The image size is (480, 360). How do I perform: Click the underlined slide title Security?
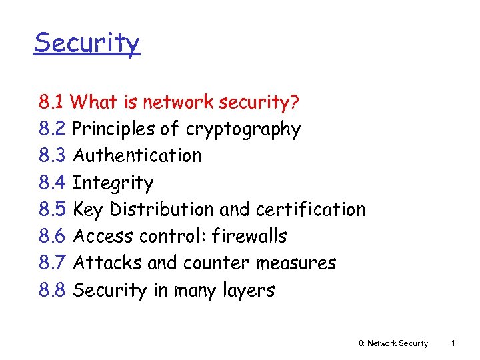coord(87,43)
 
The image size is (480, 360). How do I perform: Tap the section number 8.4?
coord(52,183)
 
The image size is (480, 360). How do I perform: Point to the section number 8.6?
coord(52,236)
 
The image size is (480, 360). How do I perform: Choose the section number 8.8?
coord(52,290)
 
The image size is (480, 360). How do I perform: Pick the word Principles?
coord(114,129)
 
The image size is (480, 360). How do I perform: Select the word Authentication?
coord(137,155)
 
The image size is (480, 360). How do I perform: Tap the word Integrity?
coord(113,183)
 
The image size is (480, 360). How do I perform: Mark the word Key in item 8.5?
coord(88,209)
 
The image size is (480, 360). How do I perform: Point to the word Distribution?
coord(162,209)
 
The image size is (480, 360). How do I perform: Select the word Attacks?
coord(107,263)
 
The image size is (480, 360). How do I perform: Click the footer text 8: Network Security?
coord(393,343)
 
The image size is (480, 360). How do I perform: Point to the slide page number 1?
coord(453,343)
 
